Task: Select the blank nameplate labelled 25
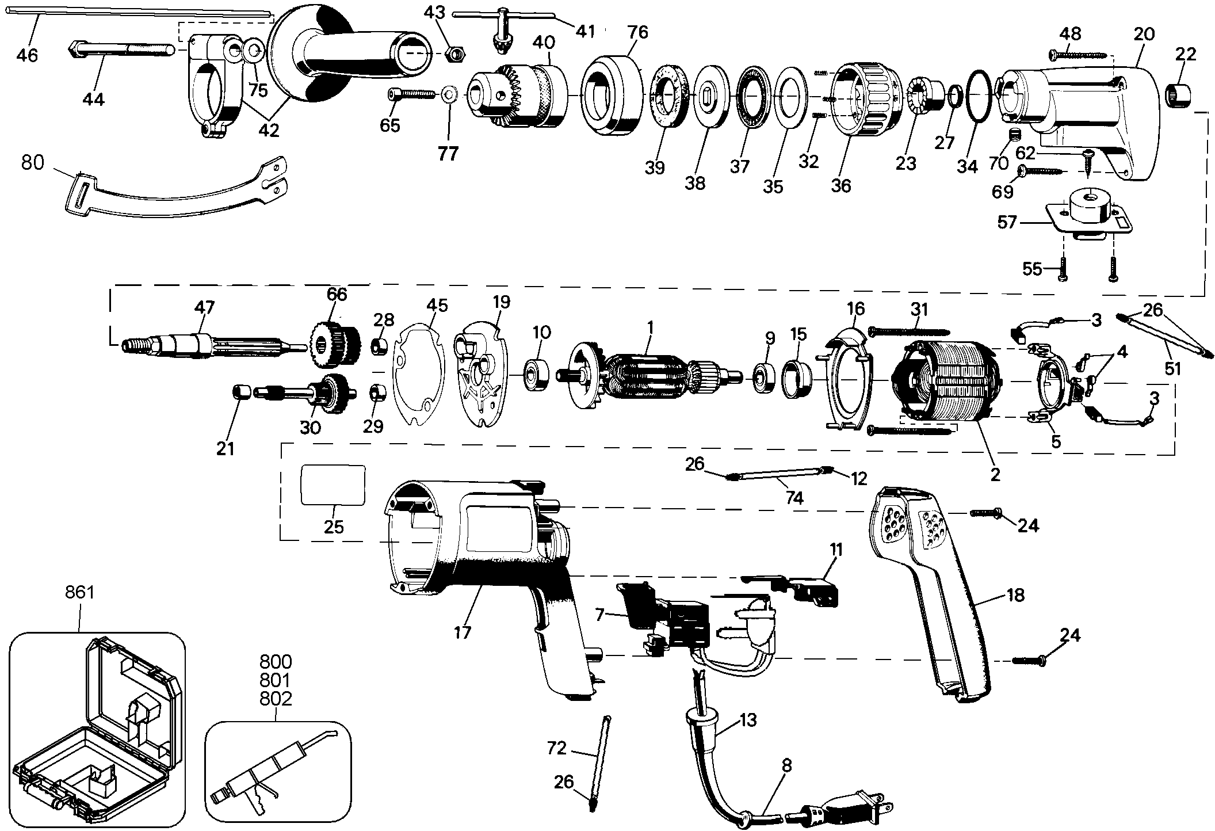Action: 334,485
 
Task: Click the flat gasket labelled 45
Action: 418,381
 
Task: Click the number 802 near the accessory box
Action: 275,699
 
